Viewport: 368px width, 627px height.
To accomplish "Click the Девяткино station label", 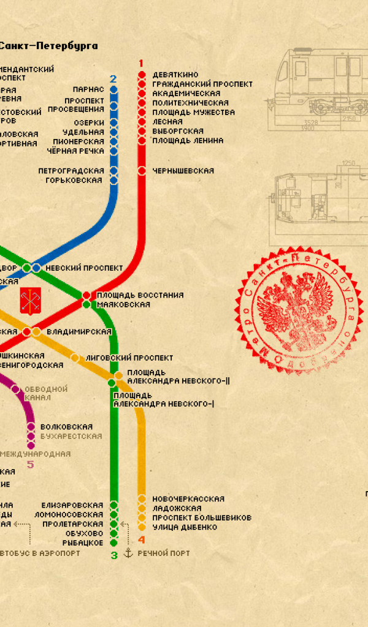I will click(x=175, y=75).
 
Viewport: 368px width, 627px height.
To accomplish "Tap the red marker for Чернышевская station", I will click(x=142, y=171).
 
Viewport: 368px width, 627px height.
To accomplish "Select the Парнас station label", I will click(x=88, y=89).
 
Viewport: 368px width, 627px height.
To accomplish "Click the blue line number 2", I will click(x=113, y=79).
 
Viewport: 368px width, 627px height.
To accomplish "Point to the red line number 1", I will click(x=141, y=63).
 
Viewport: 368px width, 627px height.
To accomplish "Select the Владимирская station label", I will click(x=79, y=332).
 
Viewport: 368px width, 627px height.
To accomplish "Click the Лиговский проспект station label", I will click(x=129, y=358).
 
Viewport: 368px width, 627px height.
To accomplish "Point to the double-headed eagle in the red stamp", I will click(x=294, y=309).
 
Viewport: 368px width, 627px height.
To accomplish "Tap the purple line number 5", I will click(x=29, y=465).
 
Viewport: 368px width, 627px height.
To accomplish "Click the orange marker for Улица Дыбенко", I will click(x=142, y=527).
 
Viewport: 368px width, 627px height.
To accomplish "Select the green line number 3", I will click(x=113, y=555).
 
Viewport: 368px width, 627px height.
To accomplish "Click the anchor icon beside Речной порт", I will click(x=128, y=553).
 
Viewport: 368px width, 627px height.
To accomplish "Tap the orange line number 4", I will click(x=142, y=540).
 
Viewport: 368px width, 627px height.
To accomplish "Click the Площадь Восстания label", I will click(x=140, y=295).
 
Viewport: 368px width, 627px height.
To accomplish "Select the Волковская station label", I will click(x=66, y=427).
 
